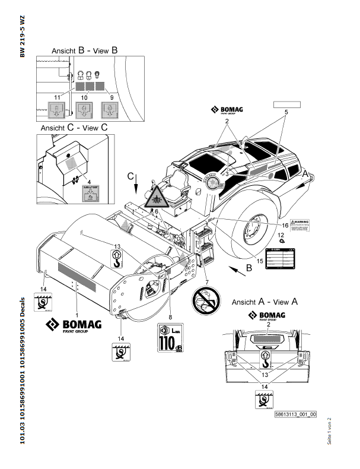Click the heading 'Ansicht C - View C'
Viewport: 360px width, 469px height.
pyautogui.click(x=74, y=127)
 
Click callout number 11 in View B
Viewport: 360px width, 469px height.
pyautogui.click(x=57, y=96)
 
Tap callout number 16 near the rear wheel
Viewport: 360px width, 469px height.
pyautogui.click(x=285, y=226)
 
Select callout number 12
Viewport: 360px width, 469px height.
pyautogui.click(x=281, y=235)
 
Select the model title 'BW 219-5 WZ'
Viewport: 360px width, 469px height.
pyautogui.click(x=22, y=35)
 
